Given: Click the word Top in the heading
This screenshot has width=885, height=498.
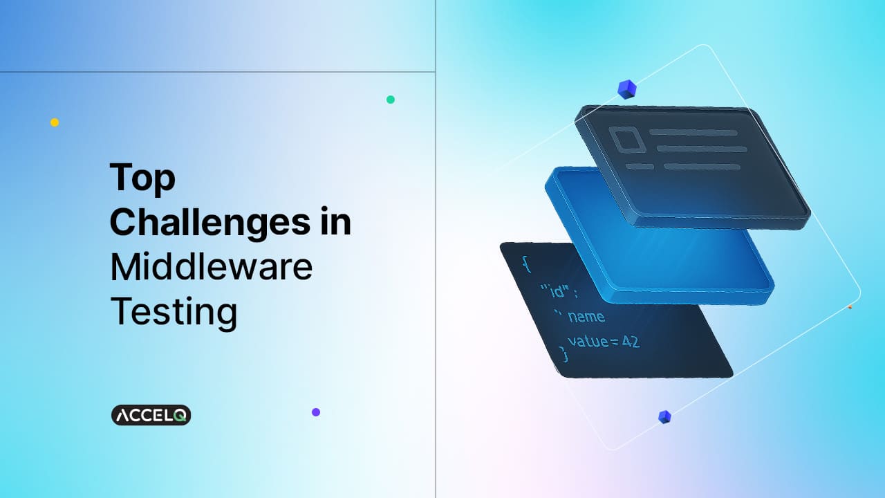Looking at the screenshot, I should tap(142, 178).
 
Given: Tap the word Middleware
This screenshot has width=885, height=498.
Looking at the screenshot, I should tap(211, 267).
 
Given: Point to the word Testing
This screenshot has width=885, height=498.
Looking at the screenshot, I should tap(174, 311).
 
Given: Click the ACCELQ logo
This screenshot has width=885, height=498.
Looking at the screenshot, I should tap(151, 415).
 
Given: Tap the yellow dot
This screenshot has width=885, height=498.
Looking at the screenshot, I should tap(55, 122).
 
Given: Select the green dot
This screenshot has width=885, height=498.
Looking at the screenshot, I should tap(391, 100).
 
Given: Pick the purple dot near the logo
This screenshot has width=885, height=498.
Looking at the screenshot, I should tap(316, 412).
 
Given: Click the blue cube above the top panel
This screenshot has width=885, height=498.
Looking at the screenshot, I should tap(626, 89).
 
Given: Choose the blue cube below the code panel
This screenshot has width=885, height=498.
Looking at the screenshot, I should tap(664, 416).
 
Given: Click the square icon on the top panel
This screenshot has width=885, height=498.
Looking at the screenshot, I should tap(626, 140).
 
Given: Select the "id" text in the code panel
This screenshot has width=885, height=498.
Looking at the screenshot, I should tap(552, 290).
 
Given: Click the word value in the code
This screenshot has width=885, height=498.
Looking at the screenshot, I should tap(586, 340).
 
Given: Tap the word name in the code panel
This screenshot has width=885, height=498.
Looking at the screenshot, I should tap(586, 317).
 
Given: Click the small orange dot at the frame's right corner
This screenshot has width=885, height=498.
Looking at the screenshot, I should tap(850, 306).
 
